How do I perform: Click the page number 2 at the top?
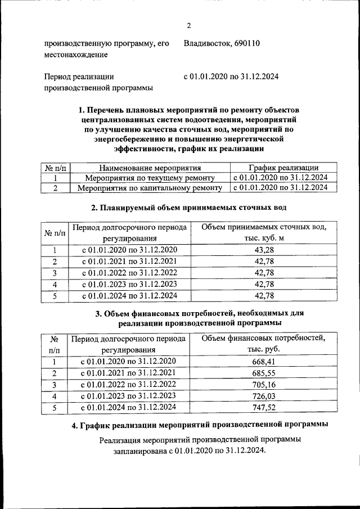click(x=189, y=25)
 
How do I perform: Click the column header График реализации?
click(x=283, y=168)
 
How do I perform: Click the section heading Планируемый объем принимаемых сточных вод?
click(x=189, y=208)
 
